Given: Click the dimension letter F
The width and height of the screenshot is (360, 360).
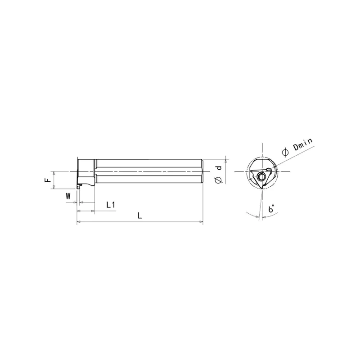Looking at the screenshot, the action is [x=48, y=180].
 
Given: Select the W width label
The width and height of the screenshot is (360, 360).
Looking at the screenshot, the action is [x=68, y=196].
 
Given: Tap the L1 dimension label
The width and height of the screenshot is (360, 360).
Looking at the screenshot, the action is [x=111, y=205].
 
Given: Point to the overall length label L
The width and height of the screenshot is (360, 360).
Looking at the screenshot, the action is [x=139, y=216].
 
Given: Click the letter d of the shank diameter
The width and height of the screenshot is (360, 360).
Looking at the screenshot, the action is [x=220, y=167].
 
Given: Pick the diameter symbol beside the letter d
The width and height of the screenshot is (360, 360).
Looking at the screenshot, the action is [x=219, y=180].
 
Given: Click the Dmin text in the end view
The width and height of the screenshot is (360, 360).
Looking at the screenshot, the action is [x=303, y=144].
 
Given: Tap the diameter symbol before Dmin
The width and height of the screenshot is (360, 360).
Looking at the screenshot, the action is [x=285, y=153].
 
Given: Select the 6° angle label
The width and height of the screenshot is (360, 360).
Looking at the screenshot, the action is [x=271, y=208].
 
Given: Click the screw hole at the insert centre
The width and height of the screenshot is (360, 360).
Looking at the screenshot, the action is [x=261, y=176].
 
